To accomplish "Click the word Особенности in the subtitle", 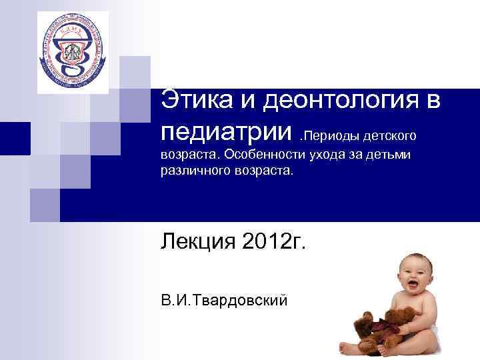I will pos(263,155).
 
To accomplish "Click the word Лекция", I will pos(195,240).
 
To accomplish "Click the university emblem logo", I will pos(71,51).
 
